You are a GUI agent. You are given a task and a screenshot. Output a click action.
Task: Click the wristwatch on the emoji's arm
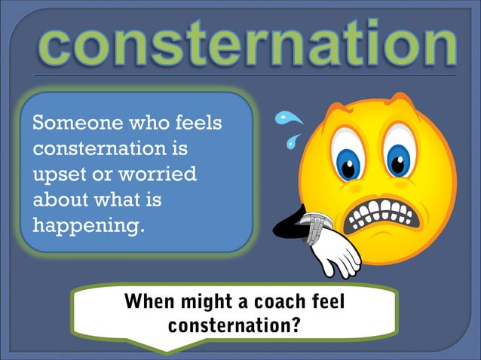pyautogui.click(x=316, y=227)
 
